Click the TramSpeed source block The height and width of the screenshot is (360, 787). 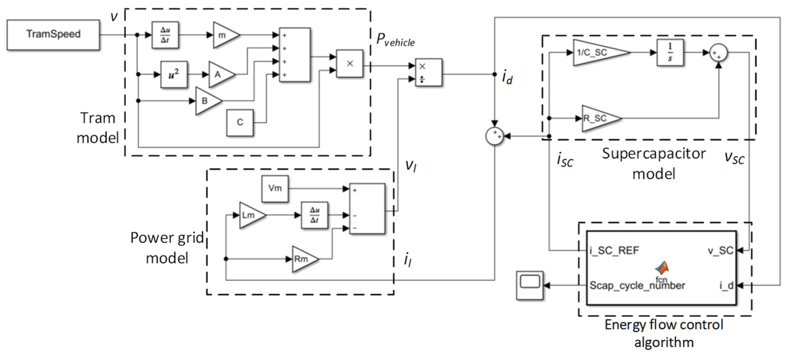click(x=53, y=35)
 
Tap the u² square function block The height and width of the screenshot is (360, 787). click(x=174, y=75)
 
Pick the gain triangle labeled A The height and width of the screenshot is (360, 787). click(x=219, y=74)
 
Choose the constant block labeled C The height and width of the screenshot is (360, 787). click(x=240, y=122)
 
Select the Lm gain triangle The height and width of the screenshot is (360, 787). click(x=250, y=215)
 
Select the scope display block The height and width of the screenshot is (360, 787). click(x=530, y=285)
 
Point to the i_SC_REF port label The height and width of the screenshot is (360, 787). click(x=614, y=251)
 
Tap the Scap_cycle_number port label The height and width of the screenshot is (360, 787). click(x=637, y=285)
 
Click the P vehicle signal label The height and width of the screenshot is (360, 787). click(x=395, y=40)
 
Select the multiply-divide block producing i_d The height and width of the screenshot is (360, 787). click(x=428, y=73)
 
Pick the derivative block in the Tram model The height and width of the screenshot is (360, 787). click(x=165, y=35)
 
